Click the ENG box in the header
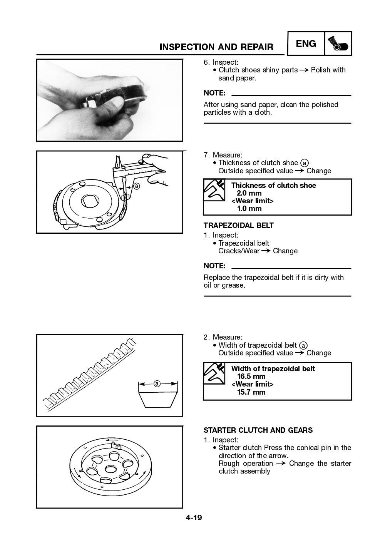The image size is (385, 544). coord(306,44)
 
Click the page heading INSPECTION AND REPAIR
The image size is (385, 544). coord(216,47)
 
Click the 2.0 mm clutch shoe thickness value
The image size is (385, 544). coord(249,193)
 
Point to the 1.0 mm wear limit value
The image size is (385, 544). coord(249,209)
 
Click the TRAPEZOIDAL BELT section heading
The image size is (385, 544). coord(239,226)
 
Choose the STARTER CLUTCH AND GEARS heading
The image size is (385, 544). coord(258,430)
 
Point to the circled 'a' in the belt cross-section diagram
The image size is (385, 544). coord(157,383)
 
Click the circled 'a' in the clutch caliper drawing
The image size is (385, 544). coord(136,186)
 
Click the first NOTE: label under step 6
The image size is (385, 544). coord(214,93)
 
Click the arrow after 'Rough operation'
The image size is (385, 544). coord(281,464)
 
